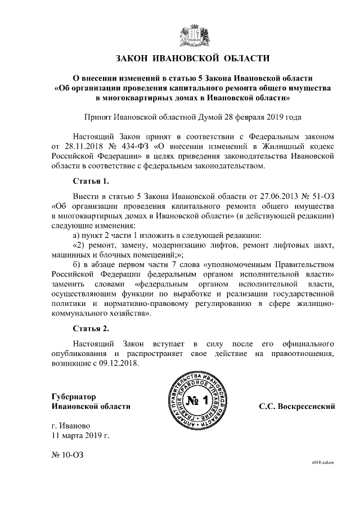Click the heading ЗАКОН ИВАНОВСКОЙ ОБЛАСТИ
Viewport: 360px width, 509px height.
[193, 58]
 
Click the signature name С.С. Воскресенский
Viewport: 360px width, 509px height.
[296, 406]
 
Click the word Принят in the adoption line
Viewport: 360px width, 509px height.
[97, 118]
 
